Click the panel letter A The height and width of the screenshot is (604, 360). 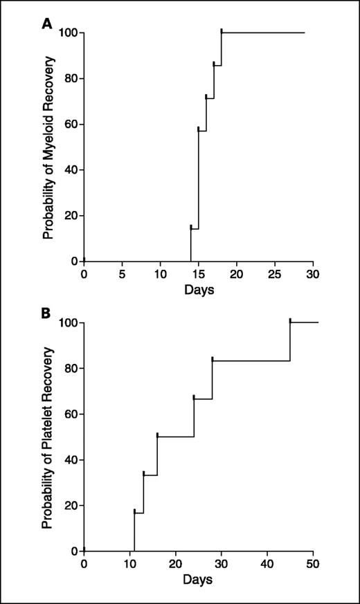pos(48,24)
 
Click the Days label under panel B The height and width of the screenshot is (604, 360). pos(199,578)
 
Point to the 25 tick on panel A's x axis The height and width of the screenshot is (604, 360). pos(275,274)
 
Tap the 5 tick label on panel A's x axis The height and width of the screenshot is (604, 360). pos(122,274)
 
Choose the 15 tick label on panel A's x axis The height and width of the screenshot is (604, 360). pos(198,274)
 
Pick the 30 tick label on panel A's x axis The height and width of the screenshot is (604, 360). pos(313,274)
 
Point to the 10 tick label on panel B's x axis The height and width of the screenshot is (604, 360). pos(129,564)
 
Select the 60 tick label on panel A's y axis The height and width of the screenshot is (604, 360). pos(70,125)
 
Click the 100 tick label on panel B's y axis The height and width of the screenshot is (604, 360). pos(67,323)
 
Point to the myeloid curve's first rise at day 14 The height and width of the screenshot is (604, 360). pos(190,244)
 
